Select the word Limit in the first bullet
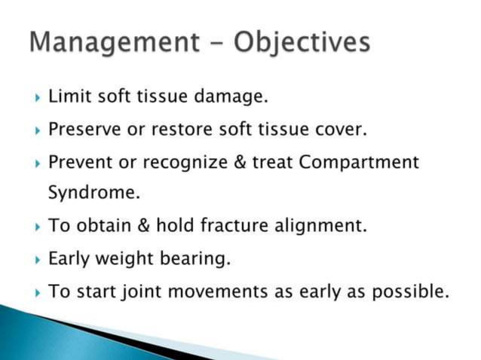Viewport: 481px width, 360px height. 66,96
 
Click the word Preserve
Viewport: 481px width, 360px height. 84,129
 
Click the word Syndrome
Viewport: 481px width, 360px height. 94,194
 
